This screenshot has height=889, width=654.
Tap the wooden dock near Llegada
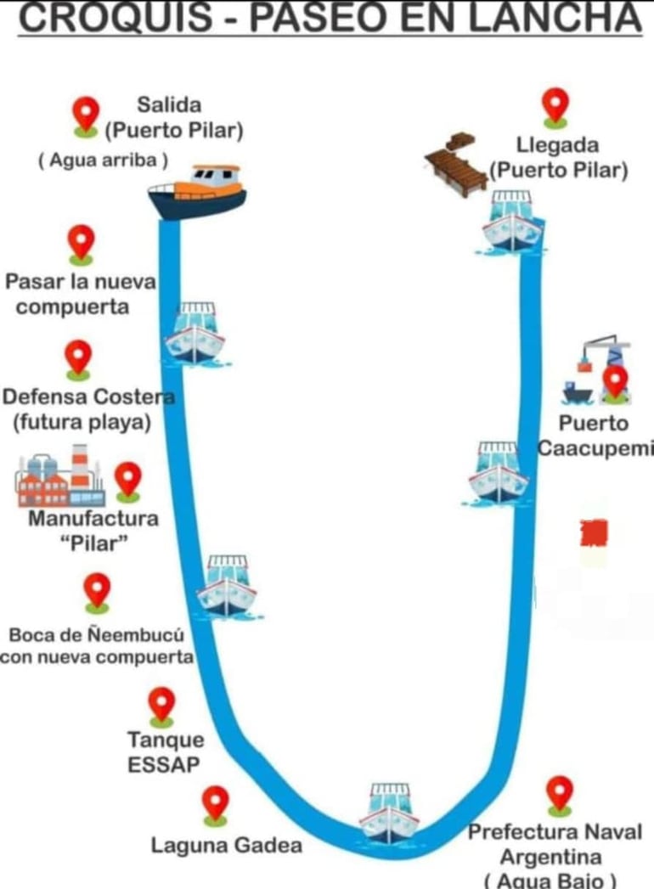pos(456,164)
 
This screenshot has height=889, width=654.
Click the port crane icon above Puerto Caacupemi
pos(596,371)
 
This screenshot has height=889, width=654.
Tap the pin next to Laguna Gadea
pos(215,803)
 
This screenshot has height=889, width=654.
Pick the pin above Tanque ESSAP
pos(161,706)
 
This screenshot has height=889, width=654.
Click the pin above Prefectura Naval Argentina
pos(559,795)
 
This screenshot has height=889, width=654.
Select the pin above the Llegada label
pos(555,106)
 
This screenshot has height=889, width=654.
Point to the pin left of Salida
pos(85,115)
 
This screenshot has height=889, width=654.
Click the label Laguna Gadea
pos(226,846)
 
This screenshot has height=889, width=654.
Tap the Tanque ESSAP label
pos(165,751)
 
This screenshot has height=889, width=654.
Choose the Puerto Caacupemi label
pos(595,435)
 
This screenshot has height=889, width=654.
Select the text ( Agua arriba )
pos(103,160)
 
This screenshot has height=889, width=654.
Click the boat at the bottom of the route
pos(389,813)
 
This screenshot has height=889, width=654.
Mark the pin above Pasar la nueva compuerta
pos(81,243)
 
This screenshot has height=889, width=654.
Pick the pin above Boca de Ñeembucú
pos(97,591)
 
